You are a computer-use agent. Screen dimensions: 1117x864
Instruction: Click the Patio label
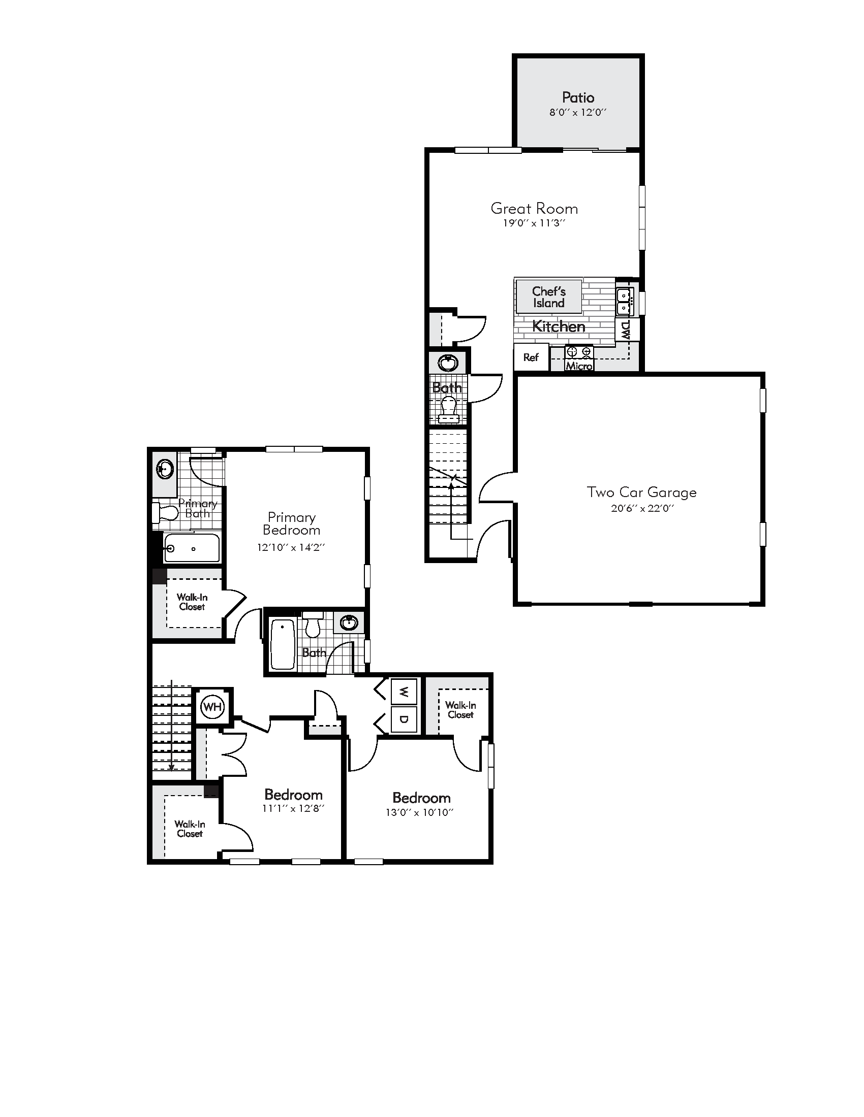578,97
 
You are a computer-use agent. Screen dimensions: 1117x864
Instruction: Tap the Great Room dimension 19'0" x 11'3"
533,223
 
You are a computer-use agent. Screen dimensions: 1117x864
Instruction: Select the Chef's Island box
549,297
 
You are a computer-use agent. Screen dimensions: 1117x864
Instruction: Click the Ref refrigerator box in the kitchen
531,357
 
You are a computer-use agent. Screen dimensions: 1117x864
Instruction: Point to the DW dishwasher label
627,331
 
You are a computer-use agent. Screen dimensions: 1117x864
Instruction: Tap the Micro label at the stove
579,366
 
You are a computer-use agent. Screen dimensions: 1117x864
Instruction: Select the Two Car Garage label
641,492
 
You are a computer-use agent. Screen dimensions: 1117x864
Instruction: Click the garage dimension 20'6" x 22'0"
642,508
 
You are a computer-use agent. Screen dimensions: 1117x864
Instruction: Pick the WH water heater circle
212,707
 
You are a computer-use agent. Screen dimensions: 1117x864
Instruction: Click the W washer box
404,692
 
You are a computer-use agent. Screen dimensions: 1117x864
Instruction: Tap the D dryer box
404,719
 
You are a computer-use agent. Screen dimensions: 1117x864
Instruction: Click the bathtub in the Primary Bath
192,548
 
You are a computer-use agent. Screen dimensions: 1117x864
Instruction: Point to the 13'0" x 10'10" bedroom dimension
420,812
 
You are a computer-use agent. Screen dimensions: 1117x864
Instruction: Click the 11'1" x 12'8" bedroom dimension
293,809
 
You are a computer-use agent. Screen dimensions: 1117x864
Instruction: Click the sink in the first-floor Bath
448,363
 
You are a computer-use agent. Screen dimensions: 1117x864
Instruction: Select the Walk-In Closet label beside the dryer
460,710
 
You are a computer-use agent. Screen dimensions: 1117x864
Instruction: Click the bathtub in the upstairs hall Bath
282,644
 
